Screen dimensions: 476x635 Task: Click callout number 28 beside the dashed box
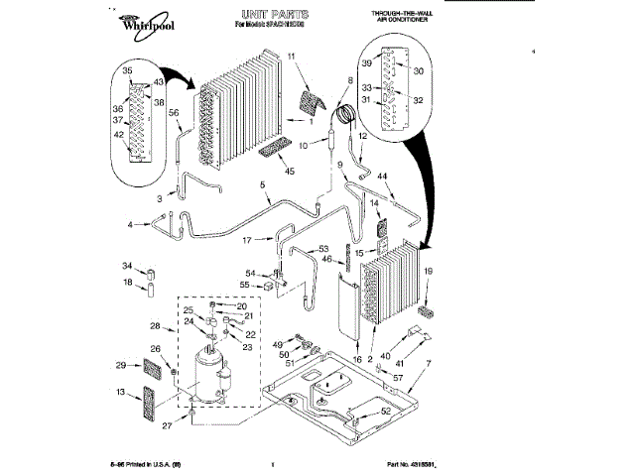point(155,326)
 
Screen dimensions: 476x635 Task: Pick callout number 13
point(121,394)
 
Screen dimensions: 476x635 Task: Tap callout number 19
point(429,271)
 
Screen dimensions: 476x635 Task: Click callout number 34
point(127,266)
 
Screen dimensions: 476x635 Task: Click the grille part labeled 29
point(152,371)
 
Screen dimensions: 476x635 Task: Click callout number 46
point(325,259)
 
